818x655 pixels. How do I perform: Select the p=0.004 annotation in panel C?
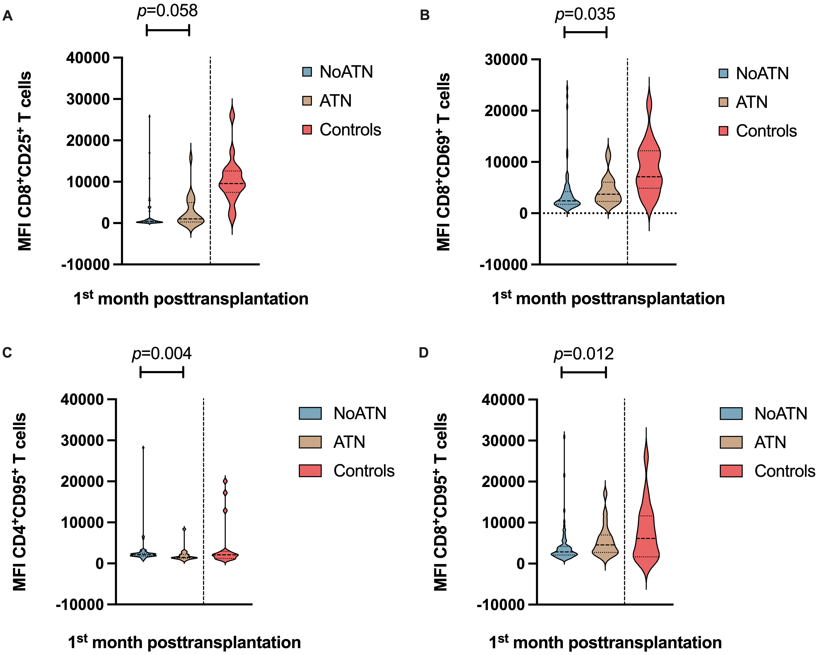[162, 354]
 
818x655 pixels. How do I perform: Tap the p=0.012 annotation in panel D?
[584, 354]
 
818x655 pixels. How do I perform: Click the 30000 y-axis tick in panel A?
[88, 99]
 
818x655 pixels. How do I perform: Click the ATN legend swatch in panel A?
[307, 101]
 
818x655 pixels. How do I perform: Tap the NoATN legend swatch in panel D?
[731, 413]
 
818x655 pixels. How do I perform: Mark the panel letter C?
[7, 353]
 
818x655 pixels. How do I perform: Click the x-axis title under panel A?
[191, 299]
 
